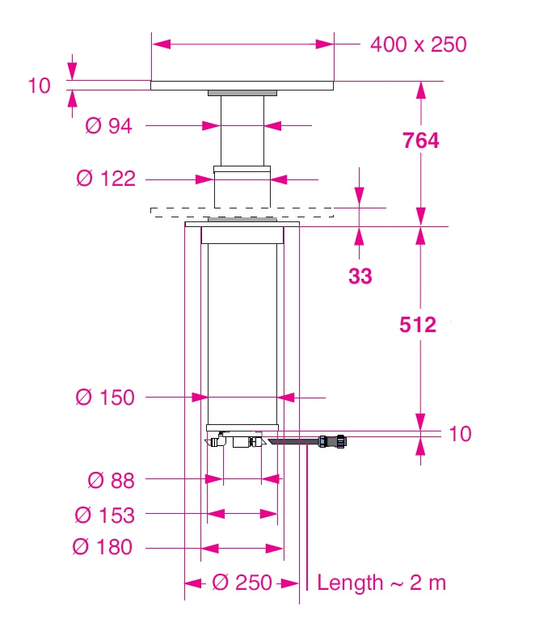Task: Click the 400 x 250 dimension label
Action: point(418,44)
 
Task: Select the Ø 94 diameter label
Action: point(108,125)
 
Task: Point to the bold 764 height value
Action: point(420,141)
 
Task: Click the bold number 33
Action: point(360,276)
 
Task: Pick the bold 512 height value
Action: point(418,325)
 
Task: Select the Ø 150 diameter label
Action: point(105,397)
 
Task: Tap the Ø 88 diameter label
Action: point(111,480)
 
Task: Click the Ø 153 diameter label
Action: point(105,515)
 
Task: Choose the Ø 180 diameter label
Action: point(103,547)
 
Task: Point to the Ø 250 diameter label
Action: point(242,582)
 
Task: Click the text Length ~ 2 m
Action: point(381,582)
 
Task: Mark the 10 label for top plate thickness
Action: point(39,86)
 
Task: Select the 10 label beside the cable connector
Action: point(460,434)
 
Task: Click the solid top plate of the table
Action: point(242,85)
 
